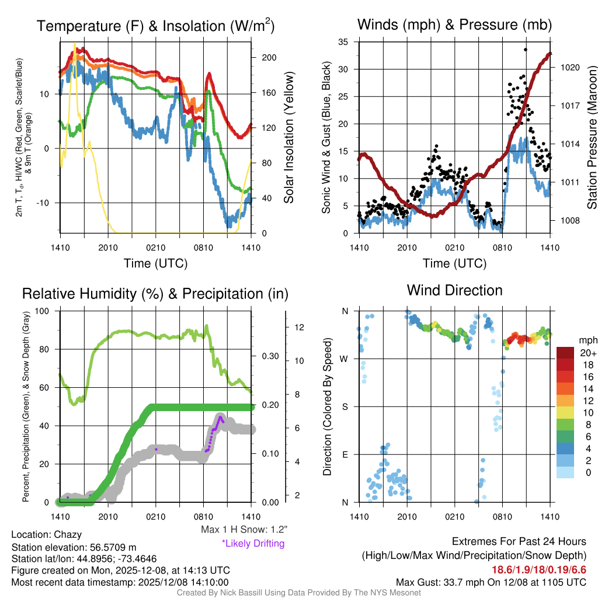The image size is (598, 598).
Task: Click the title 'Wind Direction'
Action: [454, 290]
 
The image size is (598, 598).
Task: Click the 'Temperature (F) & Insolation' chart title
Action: [155, 26]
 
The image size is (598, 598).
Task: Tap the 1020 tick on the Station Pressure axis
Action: [569, 67]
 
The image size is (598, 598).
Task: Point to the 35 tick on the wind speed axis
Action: [343, 42]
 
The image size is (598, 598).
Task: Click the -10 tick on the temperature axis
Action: [48, 203]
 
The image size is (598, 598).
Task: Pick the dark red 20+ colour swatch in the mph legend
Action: [566, 353]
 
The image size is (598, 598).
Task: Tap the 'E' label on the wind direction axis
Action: [345, 454]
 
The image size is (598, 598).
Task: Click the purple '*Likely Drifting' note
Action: [253, 544]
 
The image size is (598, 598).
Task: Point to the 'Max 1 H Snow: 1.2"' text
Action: [244, 530]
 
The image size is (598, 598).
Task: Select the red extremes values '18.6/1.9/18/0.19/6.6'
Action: [538, 569]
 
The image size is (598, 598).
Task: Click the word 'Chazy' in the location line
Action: [68, 534]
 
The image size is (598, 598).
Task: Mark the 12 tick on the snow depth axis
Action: [300, 327]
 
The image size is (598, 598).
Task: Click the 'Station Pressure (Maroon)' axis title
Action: [592, 137]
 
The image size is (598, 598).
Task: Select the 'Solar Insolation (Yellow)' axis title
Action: [288, 138]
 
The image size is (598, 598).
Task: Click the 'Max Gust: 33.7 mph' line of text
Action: [491, 582]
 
